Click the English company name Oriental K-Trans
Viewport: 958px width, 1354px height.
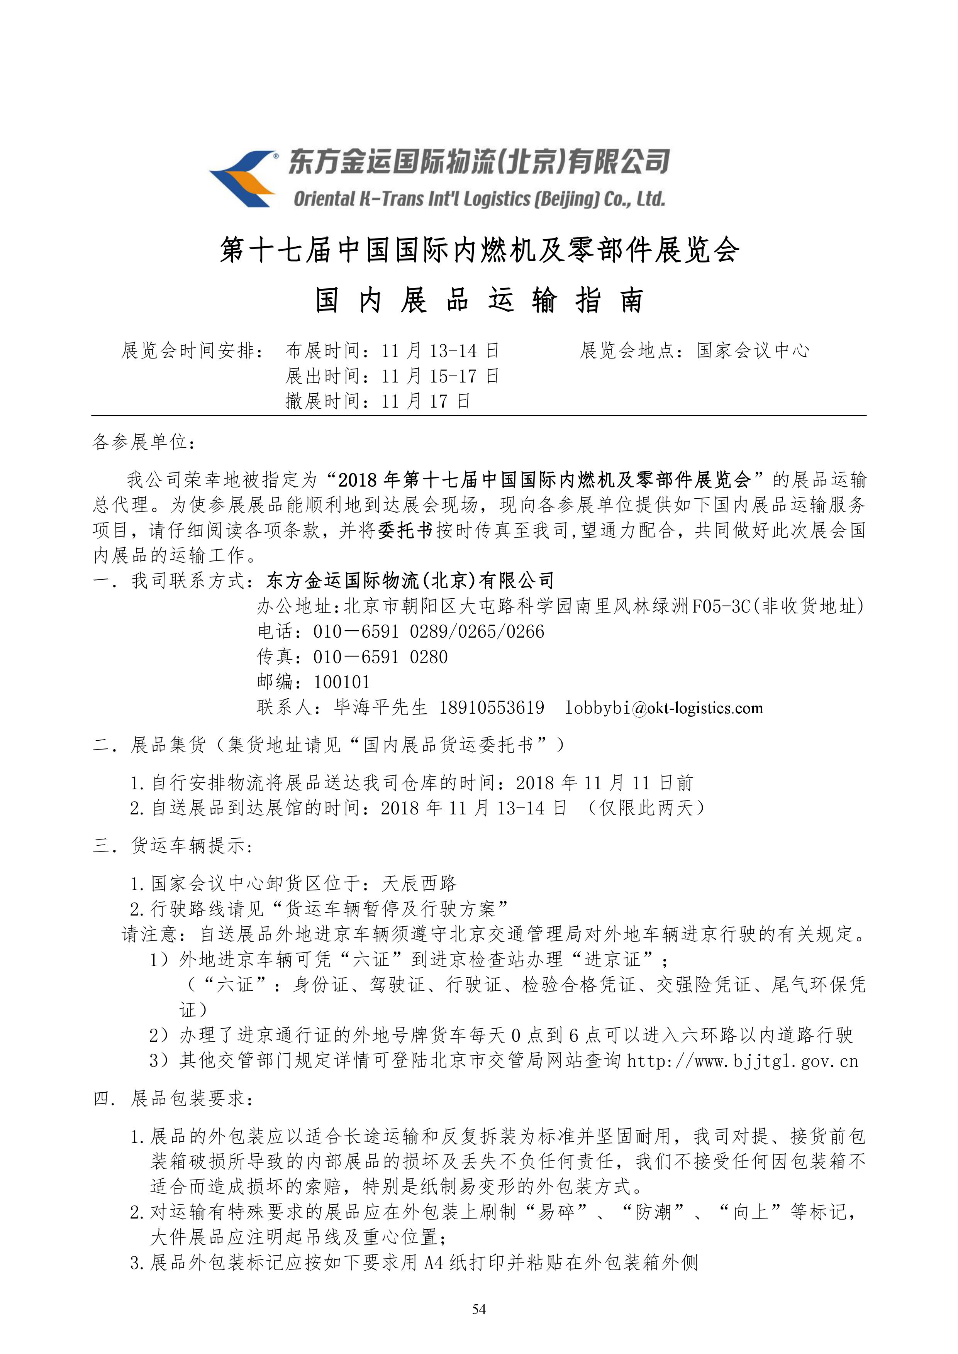(479, 199)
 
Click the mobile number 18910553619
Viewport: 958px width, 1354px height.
(492, 707)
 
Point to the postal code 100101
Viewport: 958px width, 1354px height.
(342, 682)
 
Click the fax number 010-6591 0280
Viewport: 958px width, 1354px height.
(380, 657)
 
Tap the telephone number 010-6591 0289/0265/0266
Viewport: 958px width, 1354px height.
(428, 631)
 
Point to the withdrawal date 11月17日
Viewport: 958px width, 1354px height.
(425, 401)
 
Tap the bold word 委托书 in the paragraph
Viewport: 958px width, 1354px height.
(405, 530)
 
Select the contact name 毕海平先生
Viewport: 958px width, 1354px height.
(380, 707)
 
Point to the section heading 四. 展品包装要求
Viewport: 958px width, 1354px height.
(174, 1098)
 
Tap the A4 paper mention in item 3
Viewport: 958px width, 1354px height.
(435, 1263)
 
